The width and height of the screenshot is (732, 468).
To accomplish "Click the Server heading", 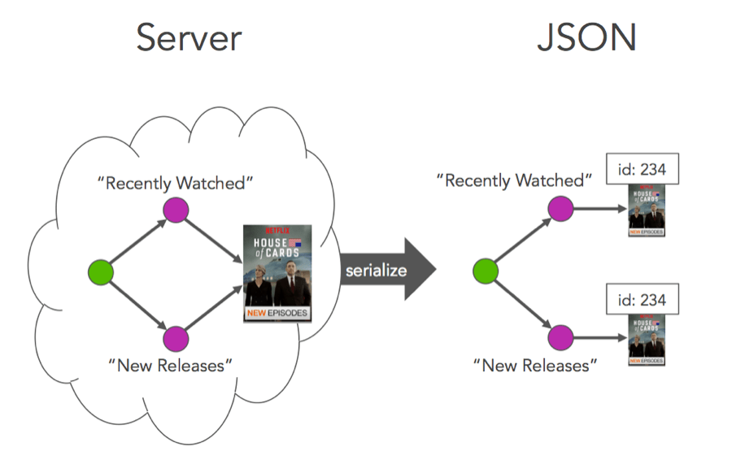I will click(189, 38).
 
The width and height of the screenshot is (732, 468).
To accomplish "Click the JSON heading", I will click(586, 38).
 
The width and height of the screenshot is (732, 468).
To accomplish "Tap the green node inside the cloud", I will click(99, 272).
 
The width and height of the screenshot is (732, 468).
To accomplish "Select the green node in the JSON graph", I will click(486, 272).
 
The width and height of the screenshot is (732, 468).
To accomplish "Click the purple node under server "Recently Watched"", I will click(176, 209).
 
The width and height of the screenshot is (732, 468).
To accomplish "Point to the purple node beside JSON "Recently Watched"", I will click(560, 209).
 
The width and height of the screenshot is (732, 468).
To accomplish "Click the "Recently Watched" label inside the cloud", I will click(176, 183).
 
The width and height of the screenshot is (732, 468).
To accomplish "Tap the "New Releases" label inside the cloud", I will click(170, 365).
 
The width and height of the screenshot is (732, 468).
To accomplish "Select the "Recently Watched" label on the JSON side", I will click(514, 180).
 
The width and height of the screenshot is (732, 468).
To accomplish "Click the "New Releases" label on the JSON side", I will click(534, 365).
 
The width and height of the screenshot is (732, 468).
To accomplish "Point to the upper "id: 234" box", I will click(643, 169).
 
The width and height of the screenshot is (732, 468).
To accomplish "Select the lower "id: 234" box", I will click(643, 300).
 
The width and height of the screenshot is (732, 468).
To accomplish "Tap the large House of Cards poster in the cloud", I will click(277, 271).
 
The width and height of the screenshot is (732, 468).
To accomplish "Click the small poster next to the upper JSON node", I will click(647, 210).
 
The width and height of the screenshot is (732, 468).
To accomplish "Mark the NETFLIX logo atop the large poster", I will click(277, 230).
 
